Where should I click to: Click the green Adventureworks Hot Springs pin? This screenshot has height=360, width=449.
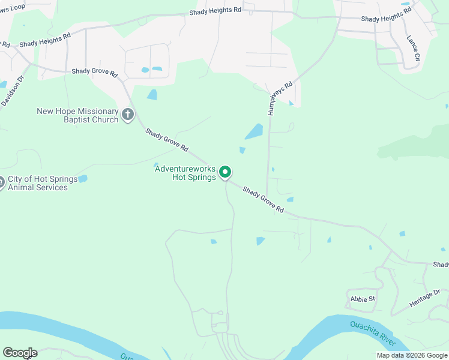pyautogui.click(x=225, y=172)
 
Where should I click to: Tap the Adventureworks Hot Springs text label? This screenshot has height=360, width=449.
pyautogui.click(x=185, y=173)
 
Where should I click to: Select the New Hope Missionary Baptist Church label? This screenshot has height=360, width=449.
pyautogui.click(x=77, y=115)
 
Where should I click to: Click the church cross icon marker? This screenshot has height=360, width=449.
pyautogui.click(x=127, y=114)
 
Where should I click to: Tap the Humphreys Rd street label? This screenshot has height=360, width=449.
pyautogui.click(x=280, y=98)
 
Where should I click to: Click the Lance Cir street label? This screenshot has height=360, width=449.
pyautogui.click(x=413, y=48)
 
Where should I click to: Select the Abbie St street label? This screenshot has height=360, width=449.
pyautogui.click(x=363, y=298)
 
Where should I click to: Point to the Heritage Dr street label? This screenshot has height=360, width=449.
pyautogui.click(x=425, y=298)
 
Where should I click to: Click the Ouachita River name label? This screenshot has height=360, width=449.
pyautogui.click(x=373, y=333)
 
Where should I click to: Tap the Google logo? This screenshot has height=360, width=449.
pyautogui.click(x=20, y=353)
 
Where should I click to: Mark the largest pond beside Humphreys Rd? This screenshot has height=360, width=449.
pyautogui.click(x=254, y=131)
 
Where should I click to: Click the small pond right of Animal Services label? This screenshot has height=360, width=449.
pyautogui.click(x=83, y=179)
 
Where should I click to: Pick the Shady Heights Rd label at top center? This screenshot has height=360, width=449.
pyautogui.click(x=215, y=11)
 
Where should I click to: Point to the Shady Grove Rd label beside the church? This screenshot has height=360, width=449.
pyautogui.click(x=167, y=140)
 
